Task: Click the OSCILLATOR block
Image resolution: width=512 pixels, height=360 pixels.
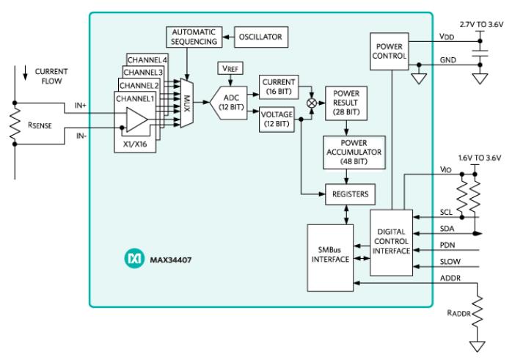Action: tap(261, 36)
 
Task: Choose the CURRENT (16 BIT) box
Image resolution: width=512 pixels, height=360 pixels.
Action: tap(277, 86)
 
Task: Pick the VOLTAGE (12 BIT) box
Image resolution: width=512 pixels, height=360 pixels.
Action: tap(277, 119)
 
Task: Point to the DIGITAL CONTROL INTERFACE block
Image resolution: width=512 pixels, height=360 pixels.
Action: tap(392, 241)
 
